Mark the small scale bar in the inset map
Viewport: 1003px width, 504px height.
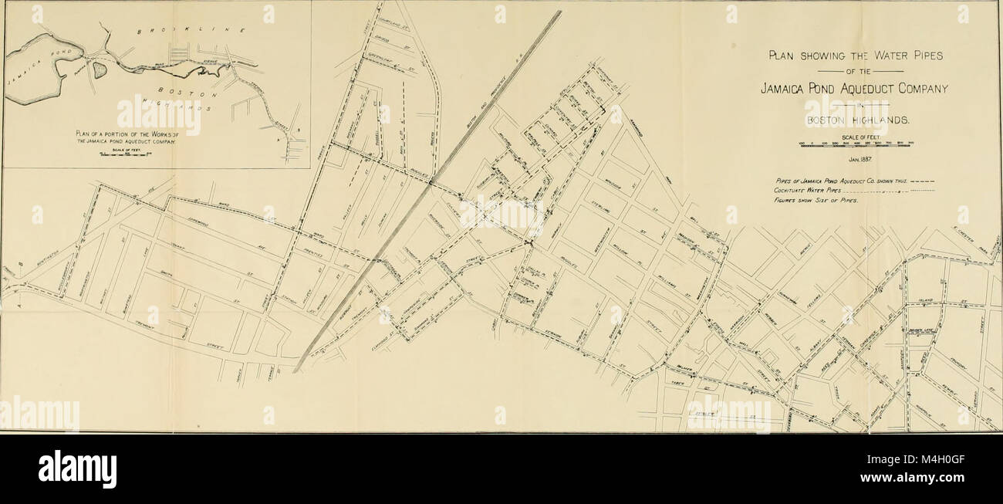pos(127,154)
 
